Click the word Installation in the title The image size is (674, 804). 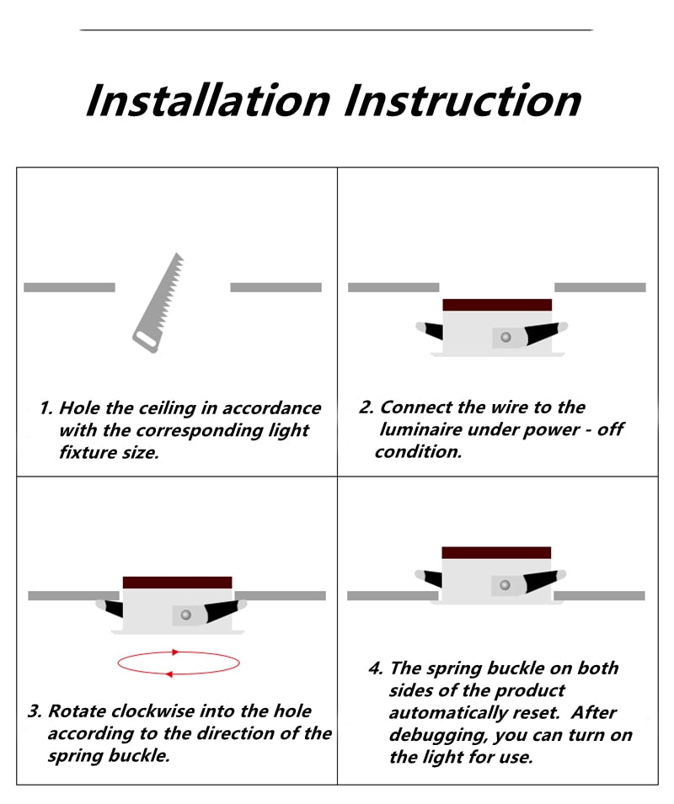coord(208,100)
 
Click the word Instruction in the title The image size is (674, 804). coord(463,100)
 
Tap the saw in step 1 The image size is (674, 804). coord(158,302)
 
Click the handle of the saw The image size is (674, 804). coord(145,340)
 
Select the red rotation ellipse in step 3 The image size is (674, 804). coord(179,663)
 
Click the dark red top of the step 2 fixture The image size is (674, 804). coord(497,305)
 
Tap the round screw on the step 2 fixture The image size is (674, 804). coord(505,337)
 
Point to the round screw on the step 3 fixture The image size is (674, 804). coord(185,615)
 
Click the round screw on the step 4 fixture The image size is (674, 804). coord(505,585)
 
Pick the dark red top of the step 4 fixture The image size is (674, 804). coord(496,553)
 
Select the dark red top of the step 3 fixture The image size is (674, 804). coord(177,583)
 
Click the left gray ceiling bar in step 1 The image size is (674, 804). coord(69,287)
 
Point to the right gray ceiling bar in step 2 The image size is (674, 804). coord(600,287)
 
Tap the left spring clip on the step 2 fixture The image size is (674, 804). coord(430,330)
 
